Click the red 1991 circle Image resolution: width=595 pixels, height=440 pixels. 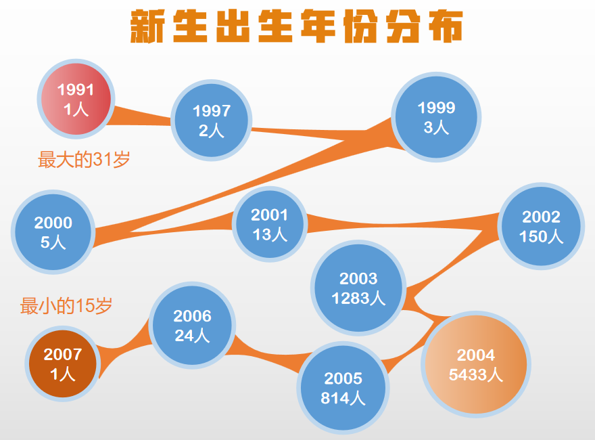point(76,99)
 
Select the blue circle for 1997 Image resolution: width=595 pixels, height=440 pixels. point(212,120)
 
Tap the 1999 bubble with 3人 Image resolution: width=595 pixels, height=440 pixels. point(436,117)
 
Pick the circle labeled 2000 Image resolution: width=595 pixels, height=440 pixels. point(53,232)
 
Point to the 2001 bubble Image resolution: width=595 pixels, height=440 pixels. point(269,224)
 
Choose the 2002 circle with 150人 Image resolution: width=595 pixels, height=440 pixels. point(541,226)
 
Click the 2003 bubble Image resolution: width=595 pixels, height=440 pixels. point(358,288)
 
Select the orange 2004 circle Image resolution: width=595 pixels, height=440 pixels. point(476,364)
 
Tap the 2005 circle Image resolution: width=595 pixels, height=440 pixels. point(343,388)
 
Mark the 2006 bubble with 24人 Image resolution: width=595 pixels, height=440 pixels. point(192,325)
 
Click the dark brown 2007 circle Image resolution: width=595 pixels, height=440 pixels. point(63,364)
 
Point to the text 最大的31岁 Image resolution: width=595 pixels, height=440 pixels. point(84,160)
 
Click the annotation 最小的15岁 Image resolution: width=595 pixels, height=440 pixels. point(66,306)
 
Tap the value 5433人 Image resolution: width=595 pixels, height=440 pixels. point(476,374)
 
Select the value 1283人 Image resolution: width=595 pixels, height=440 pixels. point(358,298)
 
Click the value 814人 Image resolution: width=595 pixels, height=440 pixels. point(343,398)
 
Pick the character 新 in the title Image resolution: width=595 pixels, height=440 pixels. point(147,26)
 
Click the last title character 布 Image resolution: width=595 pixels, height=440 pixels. point(446,26)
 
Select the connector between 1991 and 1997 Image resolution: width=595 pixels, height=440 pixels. point(141,116)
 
